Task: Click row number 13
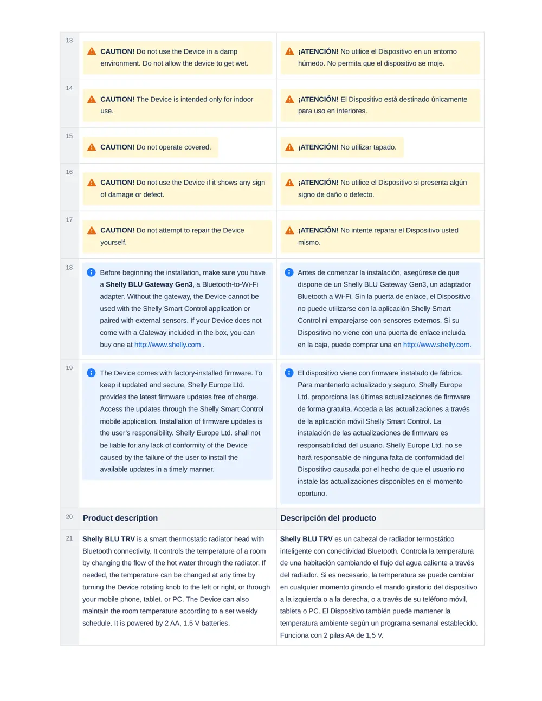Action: [69, 41]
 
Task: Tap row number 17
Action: [69, 220]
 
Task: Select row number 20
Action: [69, 517]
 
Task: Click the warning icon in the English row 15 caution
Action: [92, 147]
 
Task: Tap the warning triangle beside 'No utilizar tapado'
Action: [289, 147]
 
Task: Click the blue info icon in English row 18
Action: [91, 272]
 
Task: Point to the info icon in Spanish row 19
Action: [289, 373]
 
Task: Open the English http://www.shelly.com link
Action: [167, 345]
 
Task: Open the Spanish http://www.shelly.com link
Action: [436, 345]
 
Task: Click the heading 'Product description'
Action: [120, 518]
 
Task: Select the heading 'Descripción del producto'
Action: [328, 518]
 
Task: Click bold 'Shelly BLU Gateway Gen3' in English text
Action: [149, 285]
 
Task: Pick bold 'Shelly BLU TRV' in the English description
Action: [108, 540]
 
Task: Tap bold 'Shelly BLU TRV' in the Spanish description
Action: [306, 540]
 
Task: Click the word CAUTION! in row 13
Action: [117, 52]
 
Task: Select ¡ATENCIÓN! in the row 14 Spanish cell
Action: [318, 100]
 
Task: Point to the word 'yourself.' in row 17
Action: [113, 243]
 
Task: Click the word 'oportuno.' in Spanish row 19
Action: [312, 494]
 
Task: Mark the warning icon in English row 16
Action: [92, 183]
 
